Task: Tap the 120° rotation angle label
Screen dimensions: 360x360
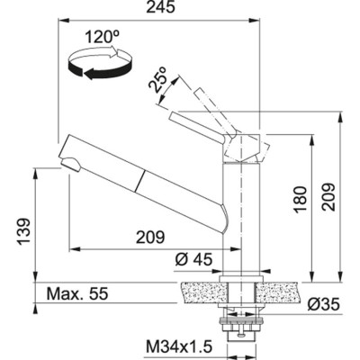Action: tap(103, 38)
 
